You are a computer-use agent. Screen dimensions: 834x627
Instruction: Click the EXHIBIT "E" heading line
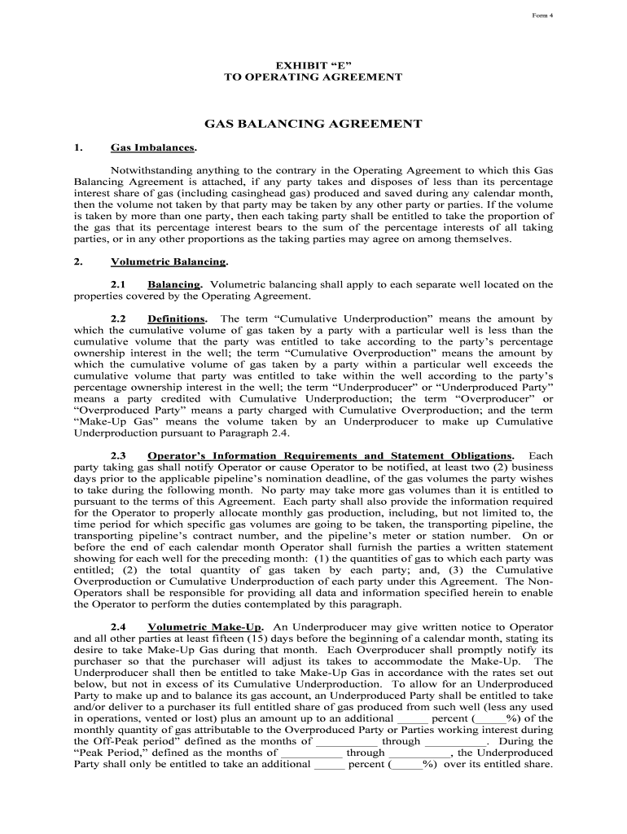click(x=313, y=64)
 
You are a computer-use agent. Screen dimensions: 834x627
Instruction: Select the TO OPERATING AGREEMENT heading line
click(x=313, y=77)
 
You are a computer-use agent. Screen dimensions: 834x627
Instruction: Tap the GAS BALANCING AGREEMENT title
click(x=313, y=125)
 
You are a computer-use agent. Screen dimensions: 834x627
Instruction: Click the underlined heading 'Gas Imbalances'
click(x=153, y=148)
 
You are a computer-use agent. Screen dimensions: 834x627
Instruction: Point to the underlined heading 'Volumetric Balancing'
click(x=169, y=262)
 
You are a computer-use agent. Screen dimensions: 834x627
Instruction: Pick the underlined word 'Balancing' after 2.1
click(x=174, y=285)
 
